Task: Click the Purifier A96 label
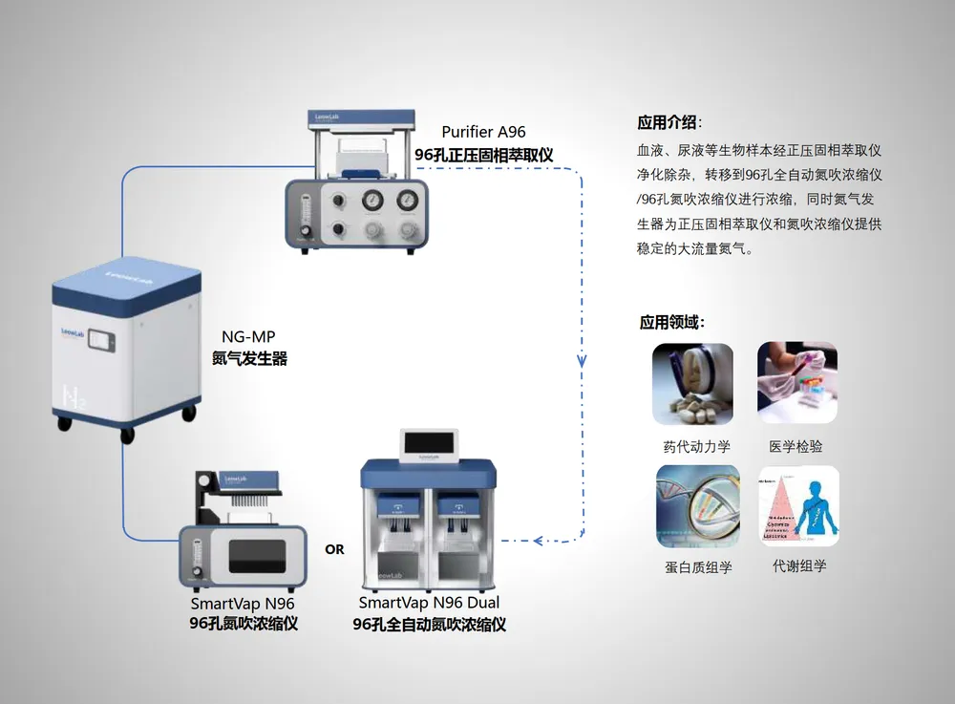point(483,132)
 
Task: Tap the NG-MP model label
point(248,337)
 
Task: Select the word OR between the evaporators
point(334,549)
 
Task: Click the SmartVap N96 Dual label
point(429,603)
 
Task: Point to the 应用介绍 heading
point(668,122)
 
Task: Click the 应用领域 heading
point(672,322)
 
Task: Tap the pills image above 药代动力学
point(692,384)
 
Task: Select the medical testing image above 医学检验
point(796,384)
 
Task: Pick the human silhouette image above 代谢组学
point(798,505)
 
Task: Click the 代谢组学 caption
point(799,565)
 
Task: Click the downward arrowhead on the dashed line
point(582,362)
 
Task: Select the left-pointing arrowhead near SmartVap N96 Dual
point(541,541)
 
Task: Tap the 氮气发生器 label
point(249,359)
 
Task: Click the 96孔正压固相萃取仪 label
point(483,154)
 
